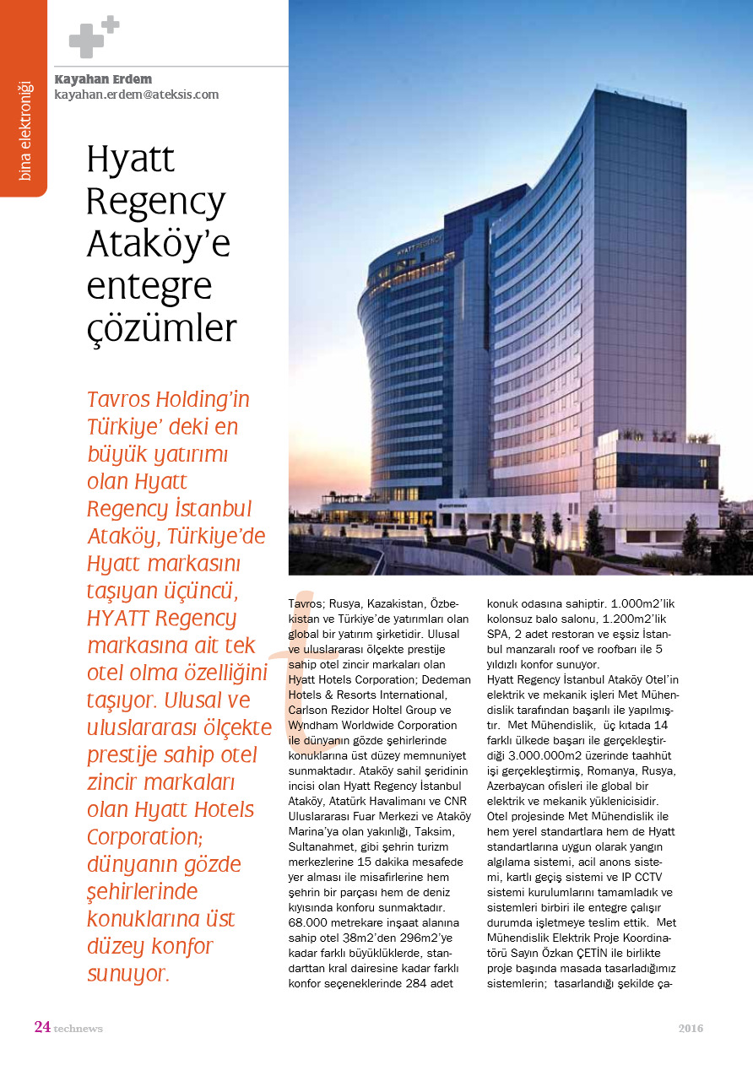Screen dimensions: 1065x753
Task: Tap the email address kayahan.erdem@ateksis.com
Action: [136, 95]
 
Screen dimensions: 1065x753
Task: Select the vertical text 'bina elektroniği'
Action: [24, 130]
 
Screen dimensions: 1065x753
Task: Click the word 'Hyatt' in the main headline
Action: [131, 159]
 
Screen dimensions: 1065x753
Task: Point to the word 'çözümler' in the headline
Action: [161, 328]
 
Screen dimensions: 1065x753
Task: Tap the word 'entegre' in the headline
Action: [149, 287]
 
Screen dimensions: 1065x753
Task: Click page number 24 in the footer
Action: [42, 1027]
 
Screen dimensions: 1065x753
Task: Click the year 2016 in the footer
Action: [691, 1028]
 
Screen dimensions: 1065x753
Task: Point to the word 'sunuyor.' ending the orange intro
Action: [128, 974]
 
